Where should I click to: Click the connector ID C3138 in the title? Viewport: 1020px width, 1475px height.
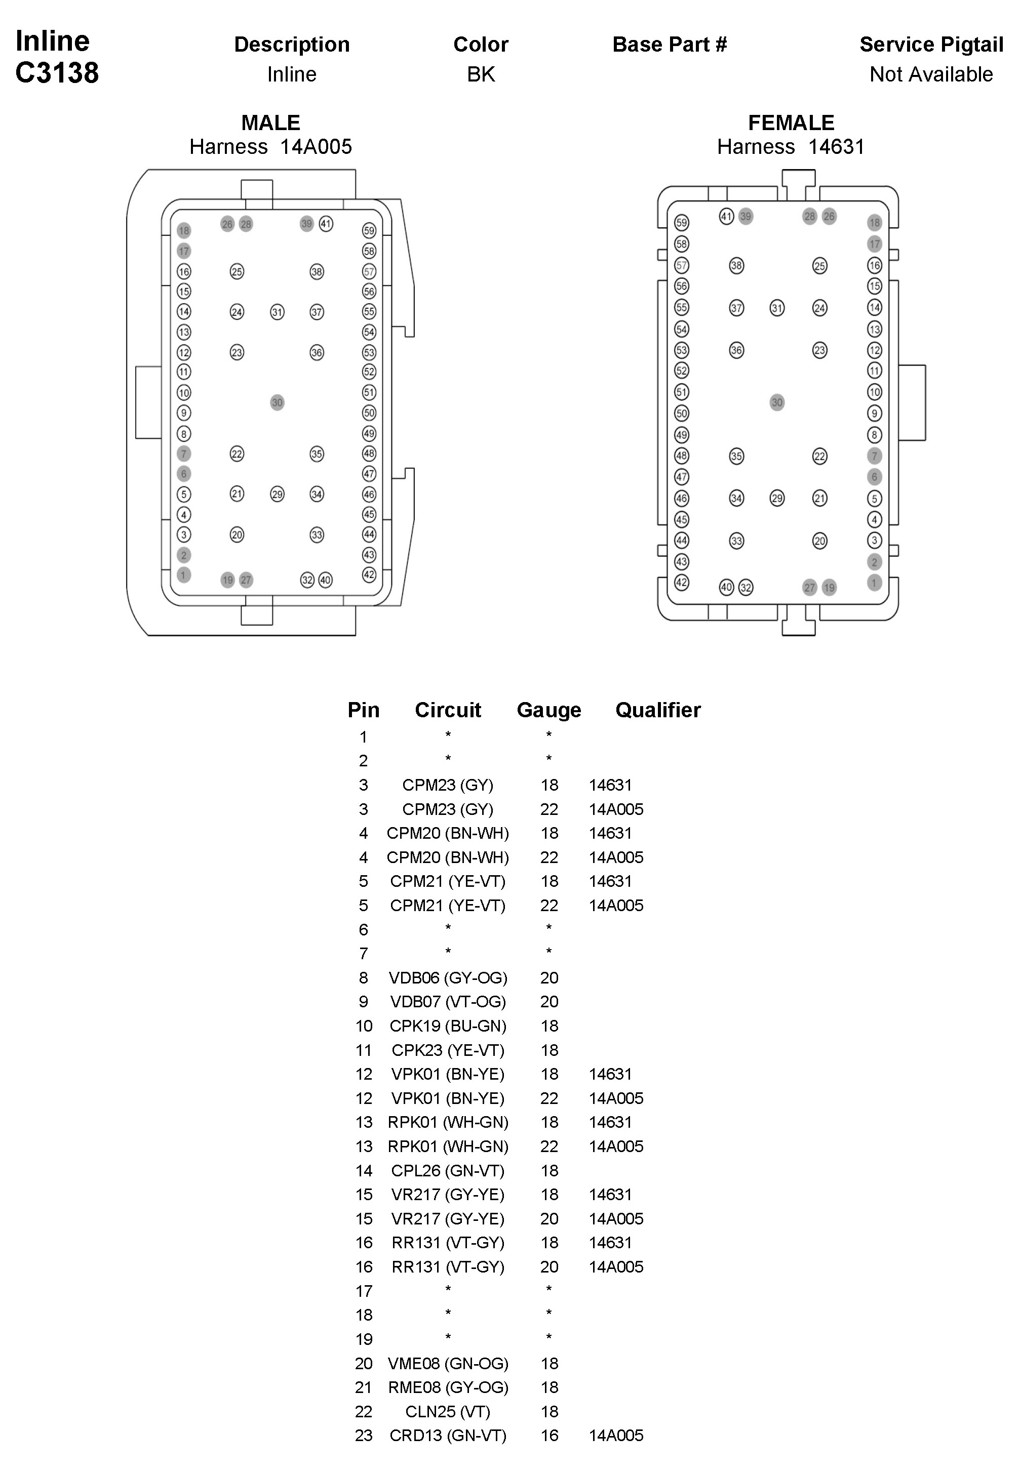point(57,73)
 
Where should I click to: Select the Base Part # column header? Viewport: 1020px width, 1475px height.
point(669,44)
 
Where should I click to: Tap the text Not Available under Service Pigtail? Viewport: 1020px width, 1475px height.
point(930,74)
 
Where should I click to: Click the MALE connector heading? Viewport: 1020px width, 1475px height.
point(270,122)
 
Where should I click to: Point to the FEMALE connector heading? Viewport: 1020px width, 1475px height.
point(791,122)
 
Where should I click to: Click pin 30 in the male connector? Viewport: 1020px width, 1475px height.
point(277,402)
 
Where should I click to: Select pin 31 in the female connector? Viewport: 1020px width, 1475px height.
point(776,308)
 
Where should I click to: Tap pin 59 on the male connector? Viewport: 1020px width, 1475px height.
point(369,231)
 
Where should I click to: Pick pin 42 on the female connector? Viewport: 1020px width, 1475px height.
point(682,582)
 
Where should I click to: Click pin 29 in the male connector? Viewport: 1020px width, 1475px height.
point(277,494)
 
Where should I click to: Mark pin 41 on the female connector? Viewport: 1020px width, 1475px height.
point(726,217)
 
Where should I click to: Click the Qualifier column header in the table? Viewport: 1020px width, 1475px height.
point(657,710)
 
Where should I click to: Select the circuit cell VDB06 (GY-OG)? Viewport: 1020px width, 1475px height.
point(447,977)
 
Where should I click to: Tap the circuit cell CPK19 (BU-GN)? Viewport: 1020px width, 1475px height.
point(447,1026)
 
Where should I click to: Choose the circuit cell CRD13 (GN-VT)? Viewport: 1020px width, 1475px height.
point(447,1436)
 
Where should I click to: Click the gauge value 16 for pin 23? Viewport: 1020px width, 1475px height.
point(549,1436)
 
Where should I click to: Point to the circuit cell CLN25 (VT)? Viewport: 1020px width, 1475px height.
point(447,1411)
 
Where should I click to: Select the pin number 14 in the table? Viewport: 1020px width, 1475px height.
point(364,1170)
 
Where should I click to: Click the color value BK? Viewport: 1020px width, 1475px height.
point(481,74)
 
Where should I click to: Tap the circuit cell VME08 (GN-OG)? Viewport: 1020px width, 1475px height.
point(447,1363)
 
